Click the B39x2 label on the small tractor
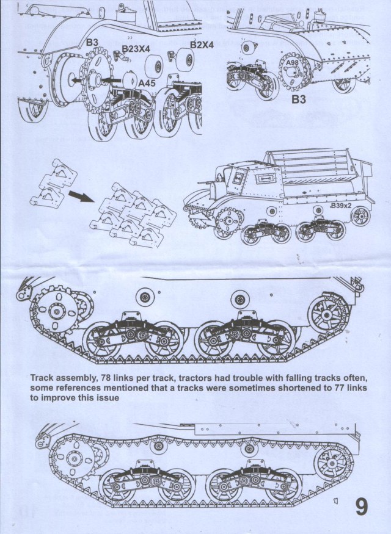click(x=342, y=206)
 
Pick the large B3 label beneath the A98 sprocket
click(x=298, y=98)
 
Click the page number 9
click(x=361, y=507)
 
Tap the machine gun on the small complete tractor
click(x=205, y=182)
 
